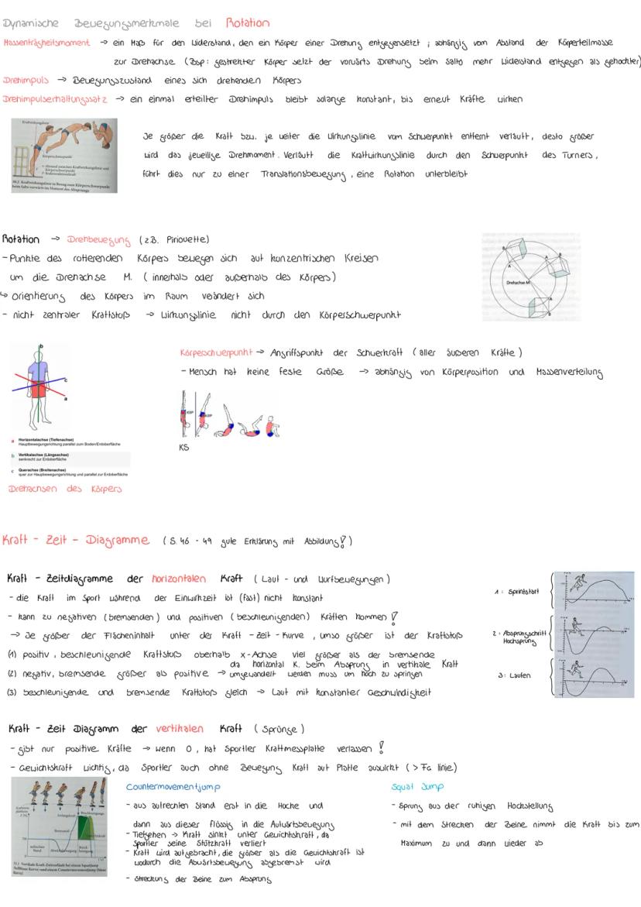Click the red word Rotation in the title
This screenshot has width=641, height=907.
[x=248, y=22]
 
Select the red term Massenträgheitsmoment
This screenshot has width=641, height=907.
[x=46, y=43]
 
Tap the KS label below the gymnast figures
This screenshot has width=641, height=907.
[x=183, y=447]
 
